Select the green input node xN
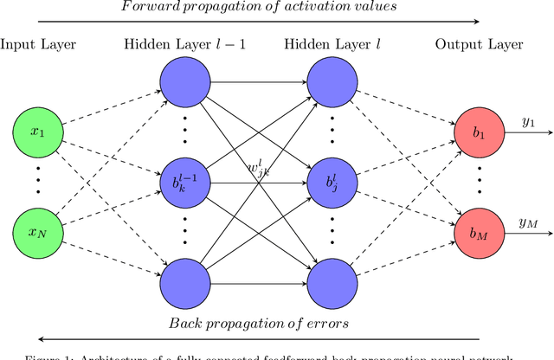click(x=36, y=233)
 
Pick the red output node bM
click(x=479, y=233)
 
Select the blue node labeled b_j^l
click(x=332, y=183)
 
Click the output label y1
click(x=528, y=122)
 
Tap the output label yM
click(x=528, y=222)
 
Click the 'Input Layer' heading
click(x=37, y=45)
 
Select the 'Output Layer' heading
click(x=479, y=45)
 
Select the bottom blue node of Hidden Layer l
click(x=332, y=282)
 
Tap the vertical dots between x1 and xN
click(x=36, y=183)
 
